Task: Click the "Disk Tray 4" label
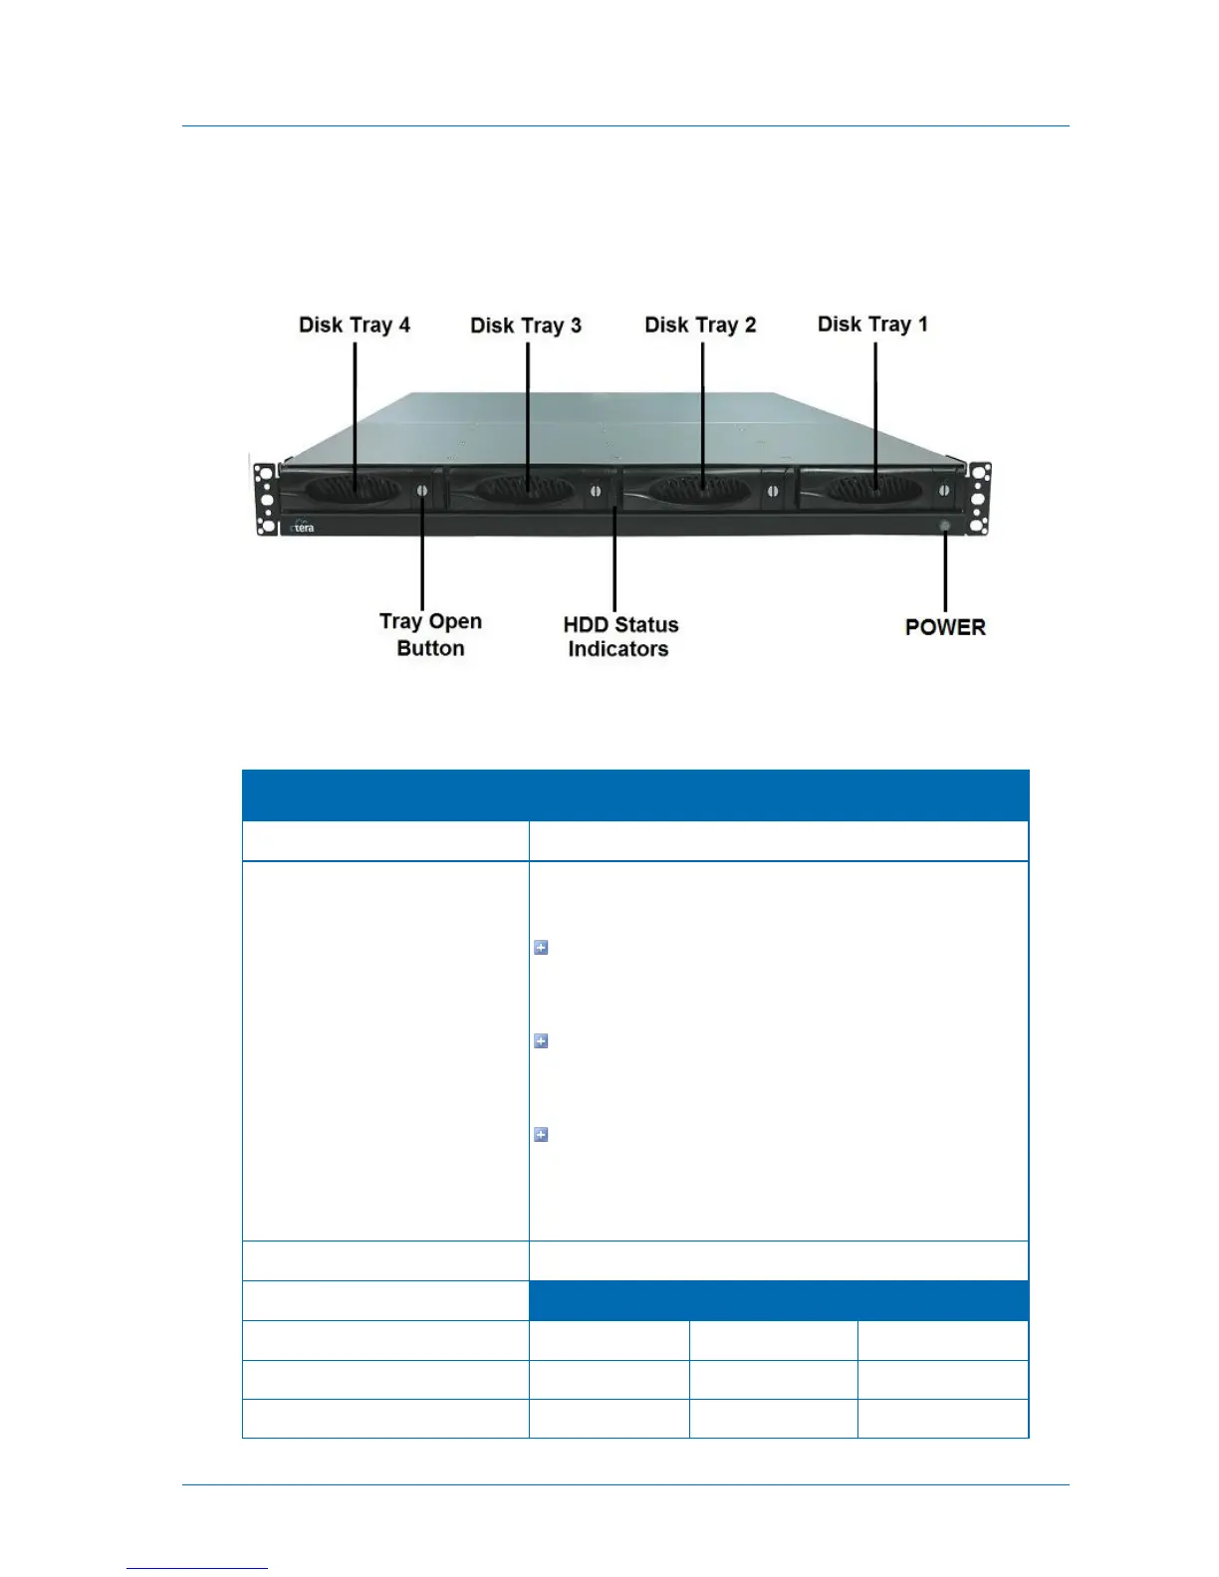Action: point(355,325)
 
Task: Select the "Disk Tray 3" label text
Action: point(526,326)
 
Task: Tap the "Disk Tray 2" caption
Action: point(700,325)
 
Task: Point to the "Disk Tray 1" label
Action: point(872,324)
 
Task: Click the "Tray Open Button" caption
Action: point(430,634)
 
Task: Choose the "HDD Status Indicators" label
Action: point(619,636)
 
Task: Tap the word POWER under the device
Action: point(945,627)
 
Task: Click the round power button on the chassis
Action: point(944,525)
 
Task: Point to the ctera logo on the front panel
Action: point(302,527)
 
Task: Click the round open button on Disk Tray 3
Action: point(596,491)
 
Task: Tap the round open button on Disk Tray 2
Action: point(771,491)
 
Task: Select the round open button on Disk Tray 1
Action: point(942,491)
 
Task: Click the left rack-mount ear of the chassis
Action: point(265,499)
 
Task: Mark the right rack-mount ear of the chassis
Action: point(980,499)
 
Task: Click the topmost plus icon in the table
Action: point(541,948)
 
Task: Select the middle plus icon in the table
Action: point(541,1041)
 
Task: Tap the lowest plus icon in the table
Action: point(541,1135)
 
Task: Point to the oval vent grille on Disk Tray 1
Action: point(869,489)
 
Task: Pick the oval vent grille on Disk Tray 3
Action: point(524,490)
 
